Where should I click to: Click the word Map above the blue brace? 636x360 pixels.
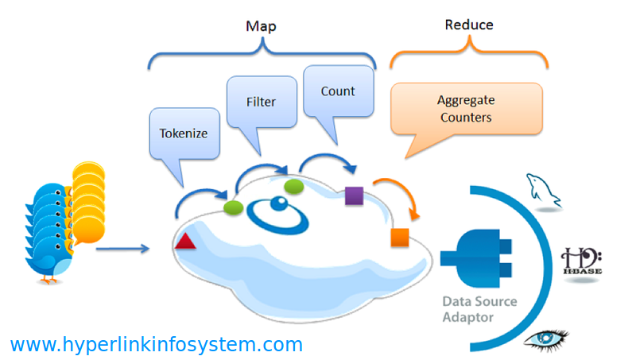tap(261, 26)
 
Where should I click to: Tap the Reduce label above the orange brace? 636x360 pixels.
tap(469, 25)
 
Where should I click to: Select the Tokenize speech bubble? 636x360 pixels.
tap(184, 136)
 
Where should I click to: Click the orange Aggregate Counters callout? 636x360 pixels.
tap(466, 110)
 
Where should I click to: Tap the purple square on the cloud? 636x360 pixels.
tap(354, 195)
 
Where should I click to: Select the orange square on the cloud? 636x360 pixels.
tap(400, 238)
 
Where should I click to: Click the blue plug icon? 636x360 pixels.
tap(476, 258)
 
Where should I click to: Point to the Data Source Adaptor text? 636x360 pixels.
tap(479, 309)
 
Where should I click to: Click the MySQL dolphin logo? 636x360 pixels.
tap(544, 190)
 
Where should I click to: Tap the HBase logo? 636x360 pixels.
tap(581, 261)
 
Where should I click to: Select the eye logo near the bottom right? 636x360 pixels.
tap(545, 339)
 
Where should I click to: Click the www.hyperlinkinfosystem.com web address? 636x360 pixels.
tap(157, 345)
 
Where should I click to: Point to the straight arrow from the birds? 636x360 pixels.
tap(123, 249)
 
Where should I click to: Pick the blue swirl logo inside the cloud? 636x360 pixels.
tap(277, 215)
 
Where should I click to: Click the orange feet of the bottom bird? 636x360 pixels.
tap(48, 280)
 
